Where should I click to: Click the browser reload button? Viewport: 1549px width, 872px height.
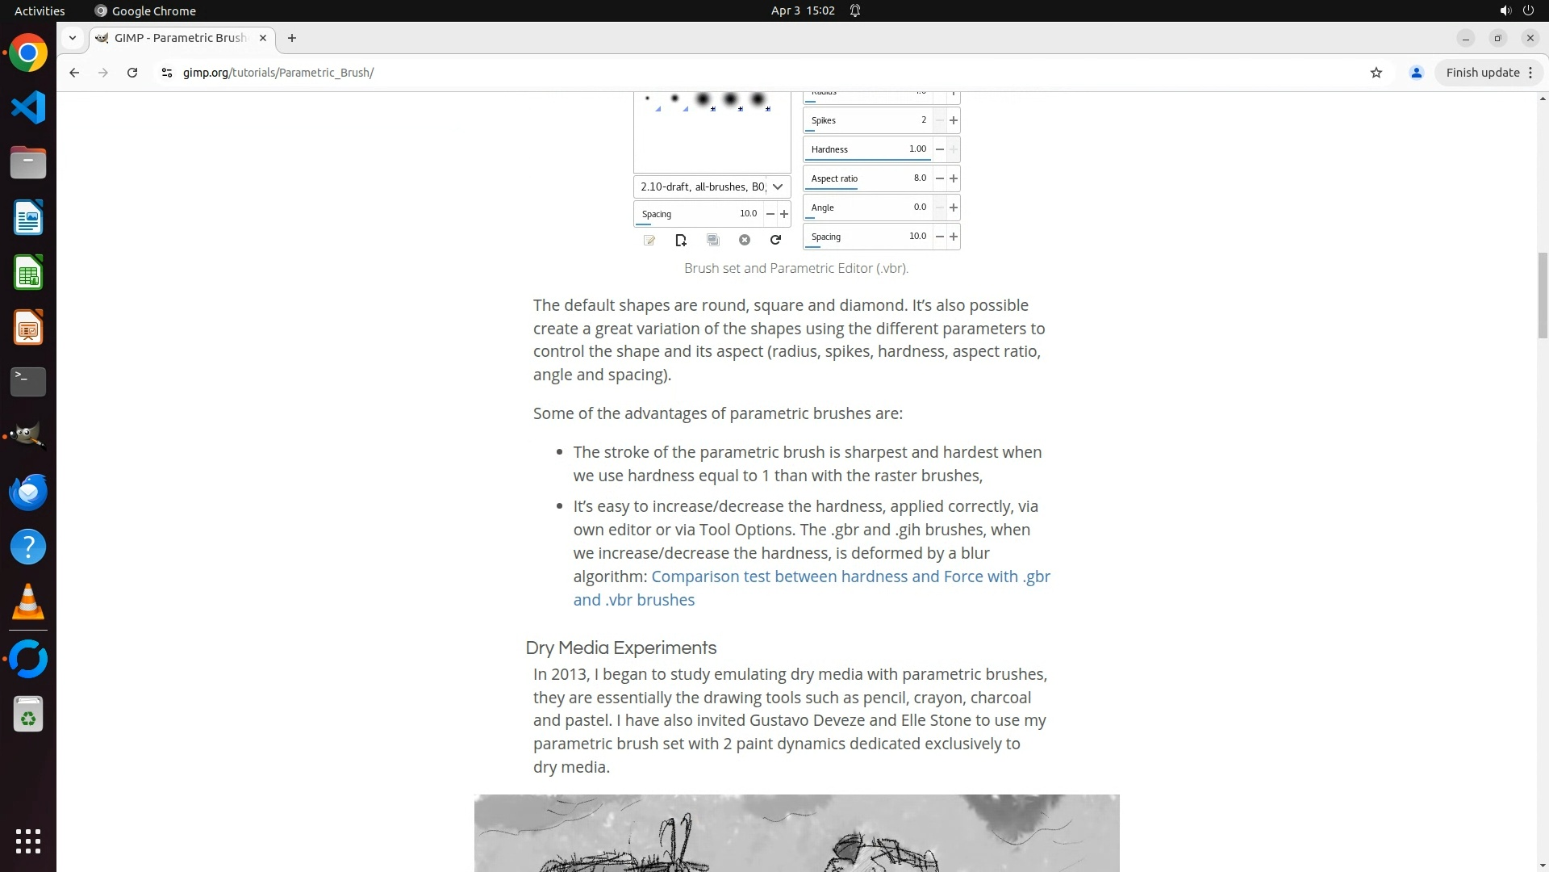[132, 73]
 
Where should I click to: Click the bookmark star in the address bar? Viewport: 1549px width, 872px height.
[1376, 73]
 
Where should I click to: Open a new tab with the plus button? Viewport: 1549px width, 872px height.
[292, 38]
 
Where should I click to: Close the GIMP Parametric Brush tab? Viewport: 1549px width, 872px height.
[263, 38]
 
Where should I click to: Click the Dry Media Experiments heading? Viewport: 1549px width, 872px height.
[620, 648]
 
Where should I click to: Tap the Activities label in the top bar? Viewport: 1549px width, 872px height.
[40, 10]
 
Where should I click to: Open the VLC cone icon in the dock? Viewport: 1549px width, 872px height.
[28, 602]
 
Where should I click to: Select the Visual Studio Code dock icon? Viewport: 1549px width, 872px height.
[28, 108]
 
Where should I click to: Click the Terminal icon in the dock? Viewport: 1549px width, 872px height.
[28, 382]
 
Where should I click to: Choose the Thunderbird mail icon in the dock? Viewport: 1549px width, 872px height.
[28, 493]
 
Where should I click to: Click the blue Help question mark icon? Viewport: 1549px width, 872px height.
[28, 547]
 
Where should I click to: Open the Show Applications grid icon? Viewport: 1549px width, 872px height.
[28, 841]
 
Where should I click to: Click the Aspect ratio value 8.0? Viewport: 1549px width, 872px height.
[920, 178]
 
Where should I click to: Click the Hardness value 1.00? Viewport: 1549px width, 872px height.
[917, 149]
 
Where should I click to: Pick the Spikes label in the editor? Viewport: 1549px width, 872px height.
[824, 121]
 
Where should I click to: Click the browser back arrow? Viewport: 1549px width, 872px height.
[74, 73]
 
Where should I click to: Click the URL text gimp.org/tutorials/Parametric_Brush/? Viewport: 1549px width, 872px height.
[278, 73]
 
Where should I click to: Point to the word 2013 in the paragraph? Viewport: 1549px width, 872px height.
[570, 675]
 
